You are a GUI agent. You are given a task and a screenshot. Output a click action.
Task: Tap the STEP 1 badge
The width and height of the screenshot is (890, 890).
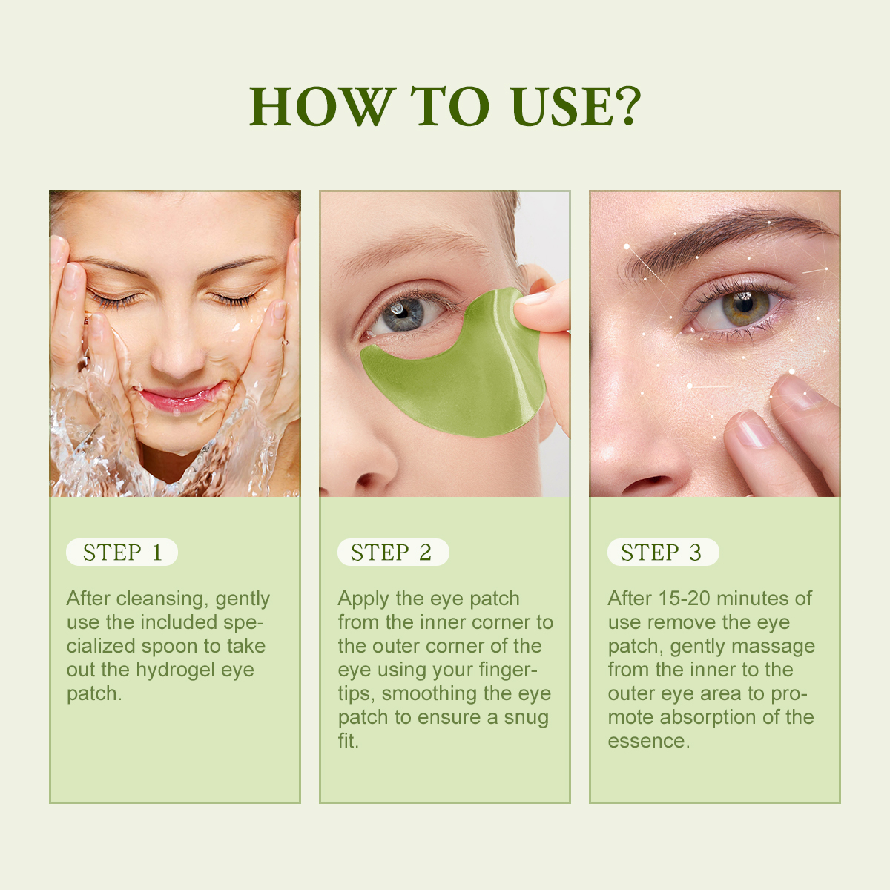(122, 553)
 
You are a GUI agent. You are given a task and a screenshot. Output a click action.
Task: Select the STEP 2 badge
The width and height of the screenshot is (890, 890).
(392, 553)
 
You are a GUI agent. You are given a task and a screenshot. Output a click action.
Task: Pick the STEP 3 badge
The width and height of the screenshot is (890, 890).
(662, 553)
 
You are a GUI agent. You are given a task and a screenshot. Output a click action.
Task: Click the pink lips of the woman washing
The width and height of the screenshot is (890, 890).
(180, 398)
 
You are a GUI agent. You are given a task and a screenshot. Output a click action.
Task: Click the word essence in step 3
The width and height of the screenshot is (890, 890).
(647, 741)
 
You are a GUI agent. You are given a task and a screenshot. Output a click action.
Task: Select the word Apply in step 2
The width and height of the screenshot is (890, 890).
(363, 599)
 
